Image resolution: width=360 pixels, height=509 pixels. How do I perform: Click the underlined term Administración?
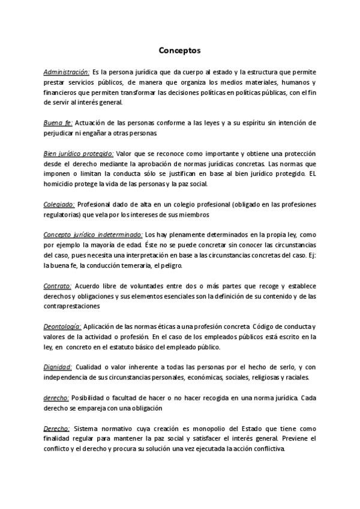tap(66, 72)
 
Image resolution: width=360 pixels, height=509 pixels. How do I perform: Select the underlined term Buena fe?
tap(58, 123)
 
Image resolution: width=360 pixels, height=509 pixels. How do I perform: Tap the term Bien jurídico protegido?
tap(78, 154)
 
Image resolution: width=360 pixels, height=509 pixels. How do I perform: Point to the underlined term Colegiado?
tap(59, 205)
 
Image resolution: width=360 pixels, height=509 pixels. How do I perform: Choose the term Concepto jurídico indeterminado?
tap(85, 235)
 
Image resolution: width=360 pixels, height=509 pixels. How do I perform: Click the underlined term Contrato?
tap(58, 286)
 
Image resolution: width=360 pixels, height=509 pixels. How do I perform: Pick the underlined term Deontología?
tap(62, 327)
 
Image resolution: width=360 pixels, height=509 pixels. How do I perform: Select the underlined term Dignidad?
tap(58, 367)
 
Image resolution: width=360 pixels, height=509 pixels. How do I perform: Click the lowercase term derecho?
tap(56, 398)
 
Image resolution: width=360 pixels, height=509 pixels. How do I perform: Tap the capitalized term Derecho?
tap(56, 429)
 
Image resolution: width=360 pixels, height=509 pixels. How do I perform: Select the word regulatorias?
tap(62, 214)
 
